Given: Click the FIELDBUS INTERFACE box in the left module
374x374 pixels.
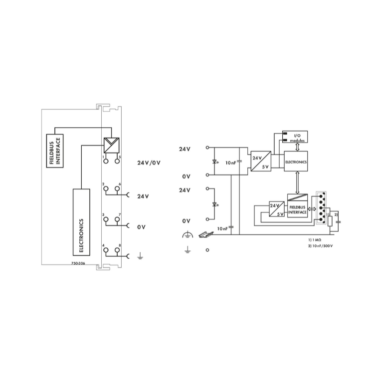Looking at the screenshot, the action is [55, 151].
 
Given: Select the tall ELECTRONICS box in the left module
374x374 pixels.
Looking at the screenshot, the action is [81, 222].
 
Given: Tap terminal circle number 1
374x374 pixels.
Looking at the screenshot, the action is [106, 161].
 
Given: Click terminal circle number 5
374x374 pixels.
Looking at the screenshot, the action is [117, 161].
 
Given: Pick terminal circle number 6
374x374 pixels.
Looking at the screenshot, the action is [117, 188].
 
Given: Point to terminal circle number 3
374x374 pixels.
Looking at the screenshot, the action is [106, 219].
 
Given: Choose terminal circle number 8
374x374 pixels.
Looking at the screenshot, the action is [117, 250].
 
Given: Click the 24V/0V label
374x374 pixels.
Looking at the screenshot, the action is [149, 163].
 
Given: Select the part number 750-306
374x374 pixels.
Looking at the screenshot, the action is [78, 263].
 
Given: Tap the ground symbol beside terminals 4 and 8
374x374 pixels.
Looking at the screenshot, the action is [140, 256].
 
